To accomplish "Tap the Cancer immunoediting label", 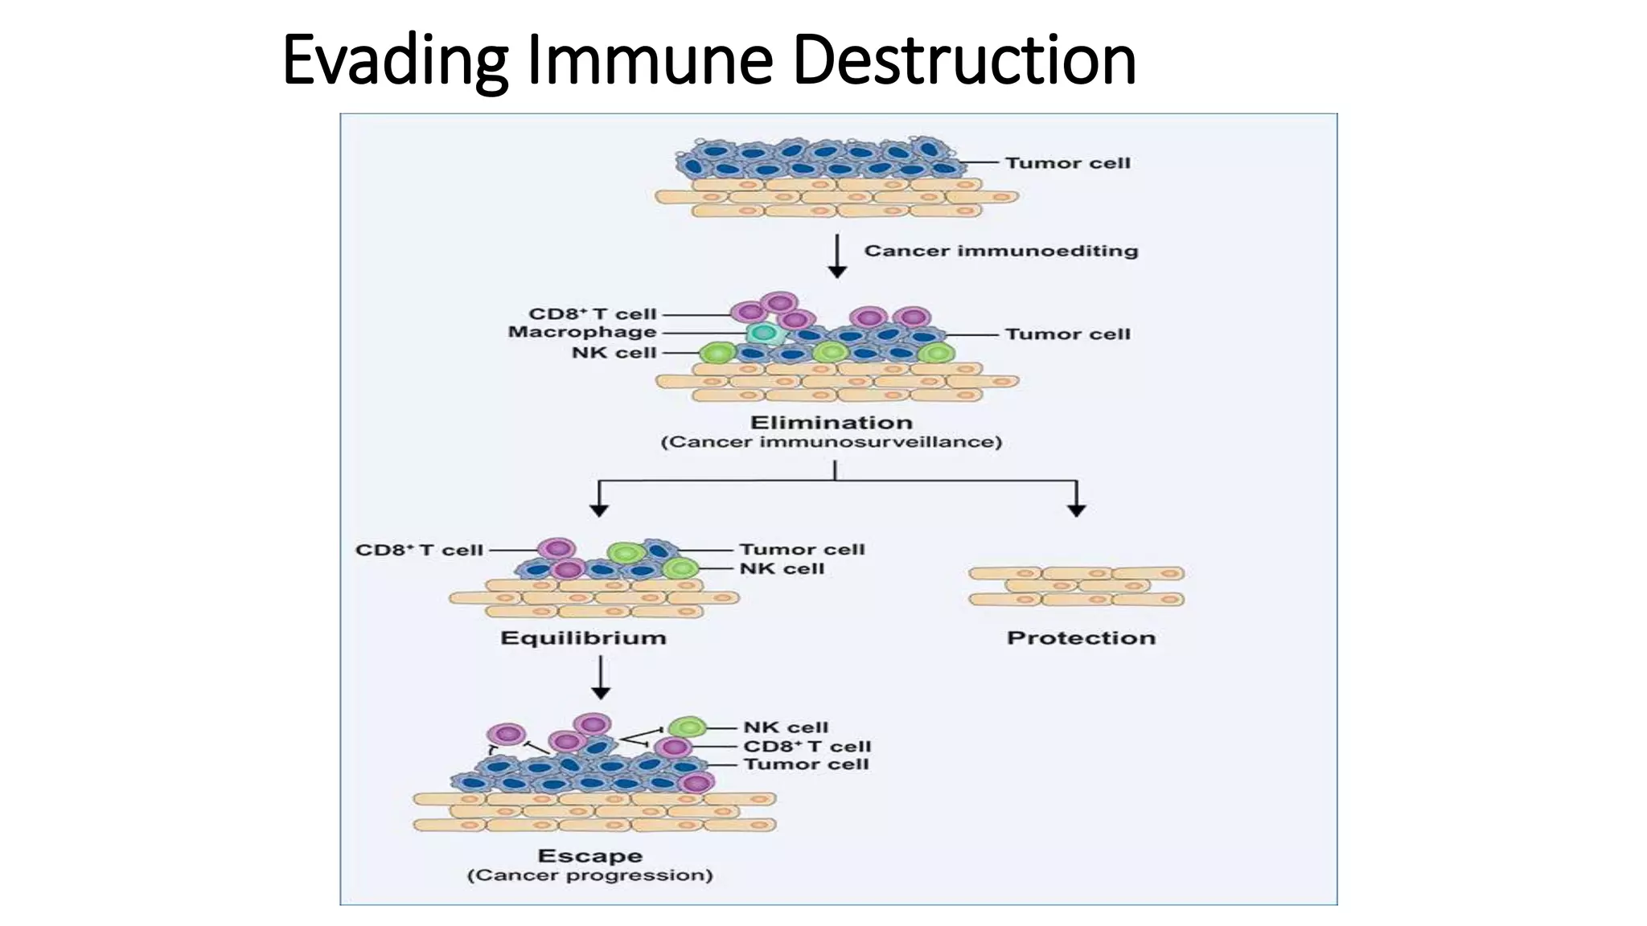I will pos(1000,251).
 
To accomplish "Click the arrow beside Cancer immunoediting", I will pos(837,256).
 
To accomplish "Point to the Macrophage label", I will pos(582,332).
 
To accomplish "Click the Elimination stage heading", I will pos(831,423).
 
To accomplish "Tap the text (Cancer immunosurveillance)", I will pos(831,442).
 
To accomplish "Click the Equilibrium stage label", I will pos(583,638).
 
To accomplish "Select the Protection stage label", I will pos(1081,638).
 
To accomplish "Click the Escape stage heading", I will pos(589,856).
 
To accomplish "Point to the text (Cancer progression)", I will pos(589,875).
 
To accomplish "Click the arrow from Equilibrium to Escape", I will pos(601,678).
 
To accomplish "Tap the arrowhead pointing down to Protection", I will pos(1077,510).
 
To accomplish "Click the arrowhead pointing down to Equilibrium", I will pos(599,510).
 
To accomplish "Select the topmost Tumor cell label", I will pos(1067,163).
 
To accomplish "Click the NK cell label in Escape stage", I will pos(785,727).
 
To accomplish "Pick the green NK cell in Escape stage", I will pos(688,727).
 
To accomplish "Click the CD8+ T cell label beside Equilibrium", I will pos(419,551).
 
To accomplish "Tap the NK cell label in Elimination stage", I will pos(614,353).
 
